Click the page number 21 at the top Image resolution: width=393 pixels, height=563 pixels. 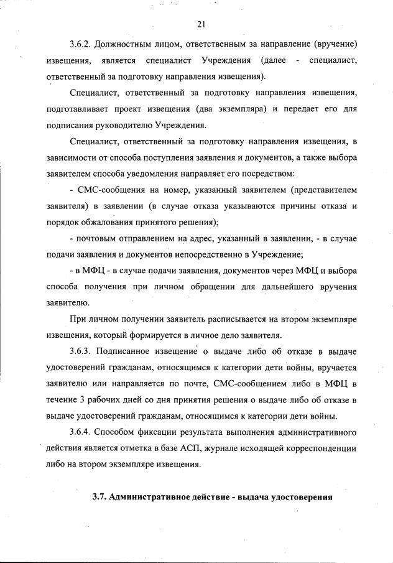tap(201, 24)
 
